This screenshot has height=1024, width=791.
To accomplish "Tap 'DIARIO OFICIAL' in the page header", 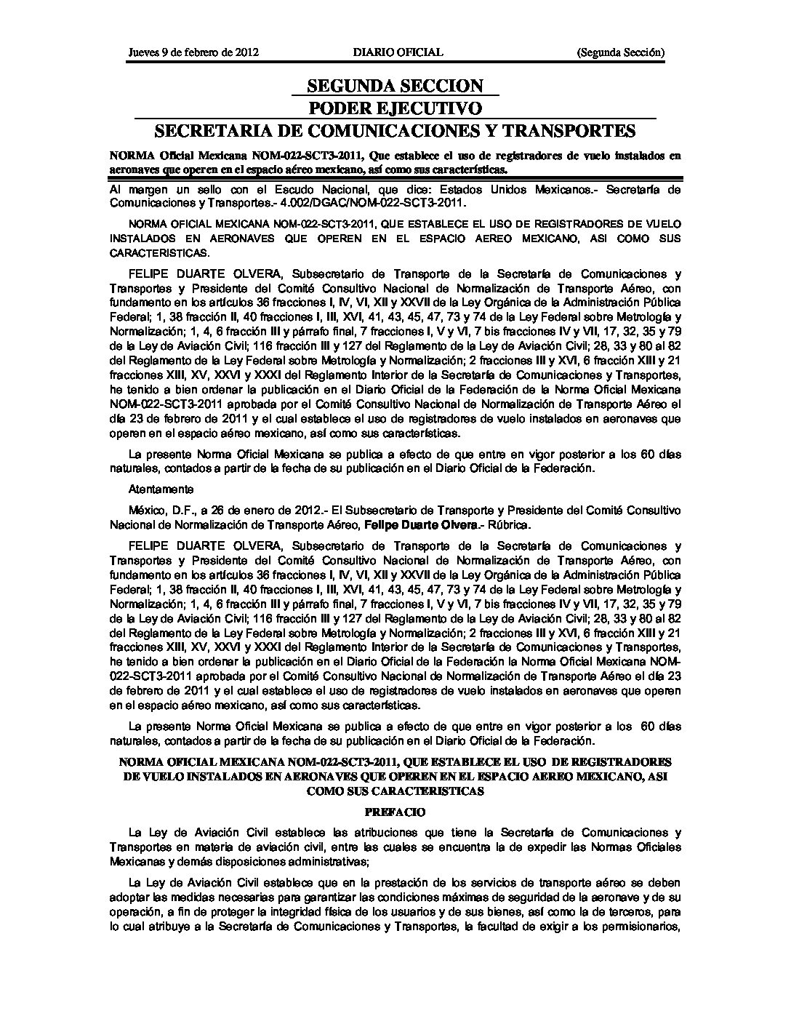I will pyautogui.click(x=398, y=52).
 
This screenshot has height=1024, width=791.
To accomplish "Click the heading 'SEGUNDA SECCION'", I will pyautogui.click(x=395, y=86).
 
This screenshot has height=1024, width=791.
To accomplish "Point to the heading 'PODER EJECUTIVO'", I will pyautogui.click(x=395, y=108).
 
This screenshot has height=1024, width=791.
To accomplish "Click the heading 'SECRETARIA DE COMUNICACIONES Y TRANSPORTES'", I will pyautogui.click(x=395, y=131).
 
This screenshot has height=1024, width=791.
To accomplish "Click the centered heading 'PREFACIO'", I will pyautogui.click(x=395, y=812).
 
